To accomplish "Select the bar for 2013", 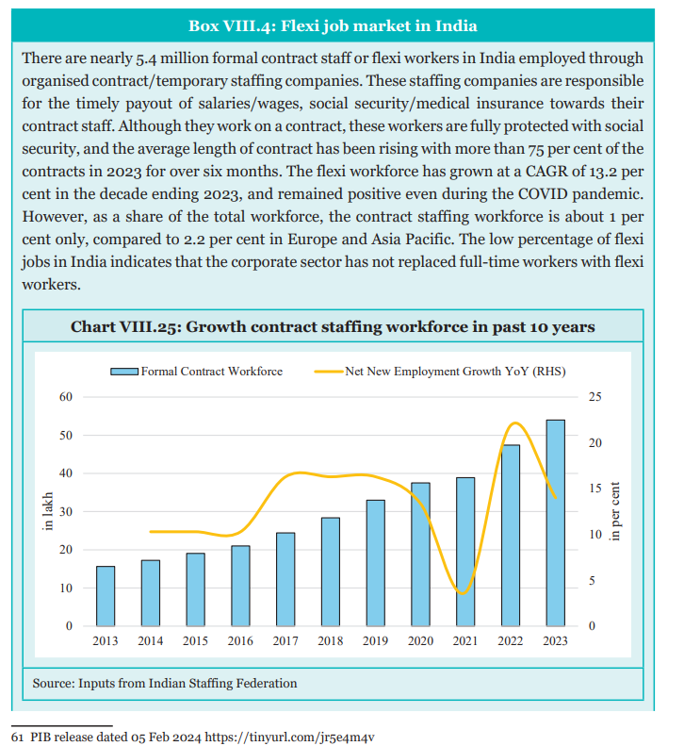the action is click(105, 596).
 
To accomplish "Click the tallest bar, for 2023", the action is click(555, 522).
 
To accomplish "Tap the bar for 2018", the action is click(331, 572).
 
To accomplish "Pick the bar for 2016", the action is click(240, 586).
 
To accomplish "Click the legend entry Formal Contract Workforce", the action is click(196, 372).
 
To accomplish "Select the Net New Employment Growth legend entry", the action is click(440, 372).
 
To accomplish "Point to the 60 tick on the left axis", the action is click(66, 397).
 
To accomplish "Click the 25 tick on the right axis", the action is click(595, 397).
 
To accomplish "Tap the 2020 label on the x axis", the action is click(420, 641).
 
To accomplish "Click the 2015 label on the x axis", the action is click(195, 641).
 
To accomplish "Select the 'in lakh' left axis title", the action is click(47, 511).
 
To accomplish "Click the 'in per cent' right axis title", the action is click(615, 511).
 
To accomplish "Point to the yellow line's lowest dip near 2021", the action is click(464, 593).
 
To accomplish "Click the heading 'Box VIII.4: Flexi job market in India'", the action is click(333, 25).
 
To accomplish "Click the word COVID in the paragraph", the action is click(543, 194).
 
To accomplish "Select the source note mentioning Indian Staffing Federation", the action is click(165, 683).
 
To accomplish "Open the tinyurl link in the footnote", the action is click(289, 738).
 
